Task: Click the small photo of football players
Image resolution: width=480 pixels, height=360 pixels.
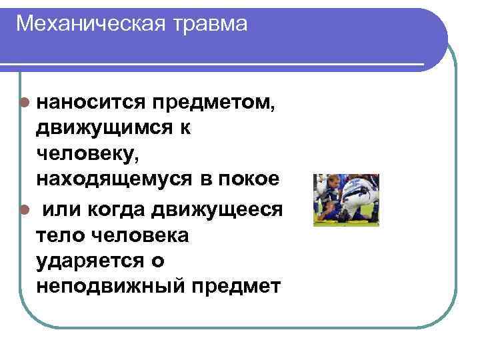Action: tap(346, 200)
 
